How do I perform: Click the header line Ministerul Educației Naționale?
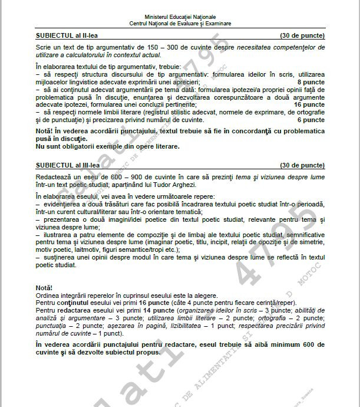[180, 18]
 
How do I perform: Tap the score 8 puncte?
[311, 82]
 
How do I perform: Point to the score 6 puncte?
[311, 120]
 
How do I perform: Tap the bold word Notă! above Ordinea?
[44, 287]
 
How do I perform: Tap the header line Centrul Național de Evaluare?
[180, 24]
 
